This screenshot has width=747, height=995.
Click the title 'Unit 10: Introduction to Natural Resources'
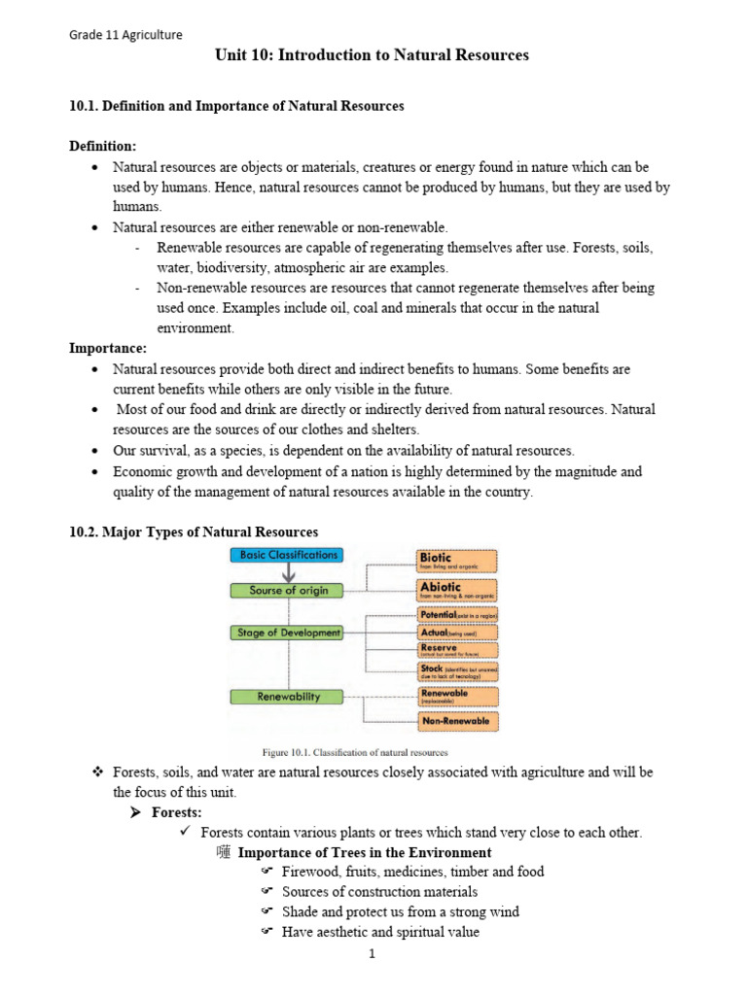click(x=372, y=55)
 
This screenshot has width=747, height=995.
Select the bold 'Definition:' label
click(x=102, y=146)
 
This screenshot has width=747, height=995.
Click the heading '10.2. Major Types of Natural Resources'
click(x=194, y=532)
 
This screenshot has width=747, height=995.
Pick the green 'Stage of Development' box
click(x=287, y=633)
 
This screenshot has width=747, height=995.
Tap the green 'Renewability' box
click(x=287, y=697)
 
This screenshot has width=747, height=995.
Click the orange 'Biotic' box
click(x=456, y=561)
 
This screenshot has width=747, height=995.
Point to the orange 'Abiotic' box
click(x=456, y=590)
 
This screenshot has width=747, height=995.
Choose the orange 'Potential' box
click(x=456, y=615)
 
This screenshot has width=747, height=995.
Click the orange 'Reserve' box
click(x=456, y=651)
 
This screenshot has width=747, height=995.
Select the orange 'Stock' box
click(x=456, y=672)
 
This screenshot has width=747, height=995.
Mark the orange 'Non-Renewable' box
click(x=456, y=721)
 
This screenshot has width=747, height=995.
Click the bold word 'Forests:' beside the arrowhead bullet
click(x=178, y=811)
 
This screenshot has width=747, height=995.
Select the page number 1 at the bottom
click(x=372, y=953)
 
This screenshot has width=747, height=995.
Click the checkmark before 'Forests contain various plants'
click(x=186, y=832)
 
